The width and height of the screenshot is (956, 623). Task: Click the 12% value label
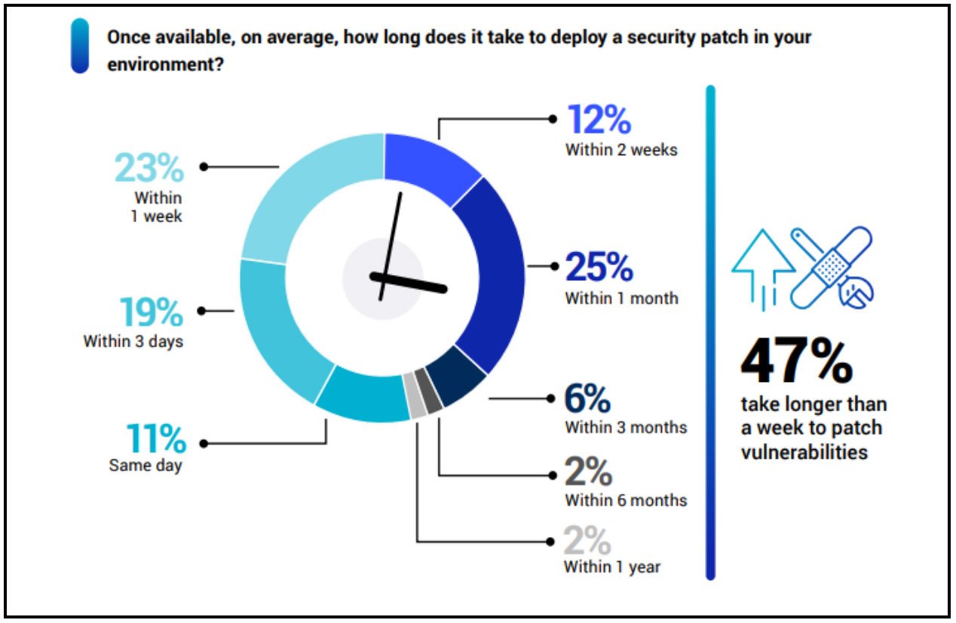pos(599,121)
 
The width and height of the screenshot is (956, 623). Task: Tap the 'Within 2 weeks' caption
pos(621,149)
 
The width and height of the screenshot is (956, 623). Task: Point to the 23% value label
pos(149,168)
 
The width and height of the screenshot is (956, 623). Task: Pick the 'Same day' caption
pos(146,465)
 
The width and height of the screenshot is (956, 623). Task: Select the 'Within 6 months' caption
pos(626,499)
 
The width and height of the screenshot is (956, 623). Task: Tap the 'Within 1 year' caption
pos(612,567)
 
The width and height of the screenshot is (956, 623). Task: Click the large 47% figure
pos(796,362)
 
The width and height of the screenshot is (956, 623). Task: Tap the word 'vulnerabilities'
pos(804,452)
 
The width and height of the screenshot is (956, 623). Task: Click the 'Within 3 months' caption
pos(626,427)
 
